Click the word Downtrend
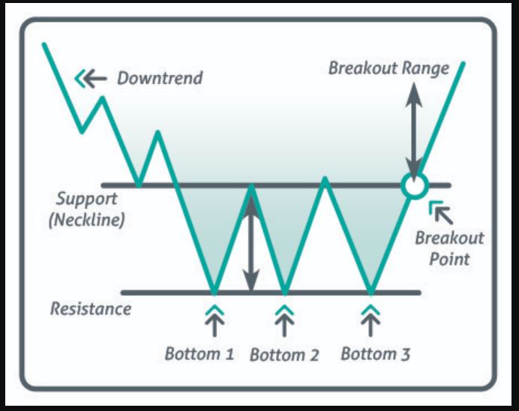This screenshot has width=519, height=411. click(x=159, y=78)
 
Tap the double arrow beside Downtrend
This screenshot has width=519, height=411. click(x=91, y=78)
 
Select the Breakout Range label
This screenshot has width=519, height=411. click(x=388, y=68)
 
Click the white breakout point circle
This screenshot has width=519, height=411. click(x=412, y=184)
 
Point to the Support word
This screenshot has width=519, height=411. click(x=86, y=200)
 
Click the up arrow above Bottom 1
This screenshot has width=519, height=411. click(x=214, y=319)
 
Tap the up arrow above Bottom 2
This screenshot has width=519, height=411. click(x=284, y=319)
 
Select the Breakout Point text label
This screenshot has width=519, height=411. click(x=450, y=248)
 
